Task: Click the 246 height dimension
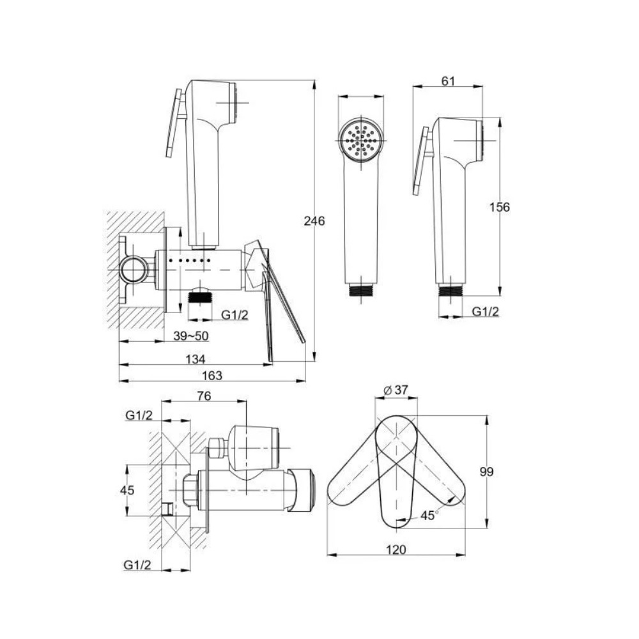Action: (314, 221)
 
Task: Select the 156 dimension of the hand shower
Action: (499, 207)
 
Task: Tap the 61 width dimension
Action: (448, 81)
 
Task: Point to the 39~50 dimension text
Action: (190, 336)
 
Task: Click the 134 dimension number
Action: (195, 359)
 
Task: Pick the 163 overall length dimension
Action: (212, 375)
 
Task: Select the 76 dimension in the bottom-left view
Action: (204, 396)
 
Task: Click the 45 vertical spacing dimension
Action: (127, 490)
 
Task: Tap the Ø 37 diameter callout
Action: (396, 390)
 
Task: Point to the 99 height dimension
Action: (486, 472)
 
